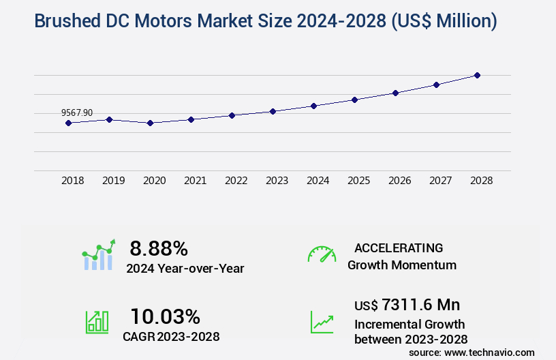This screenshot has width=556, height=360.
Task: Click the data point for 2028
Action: [477, 75]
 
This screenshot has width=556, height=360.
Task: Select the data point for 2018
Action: [68, 123]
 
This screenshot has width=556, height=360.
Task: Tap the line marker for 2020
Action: [150, 123]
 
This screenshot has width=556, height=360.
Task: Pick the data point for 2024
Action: [313, 106]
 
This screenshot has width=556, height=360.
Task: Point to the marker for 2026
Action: [395, 93]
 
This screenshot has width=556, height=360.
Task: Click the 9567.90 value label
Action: [77, 112]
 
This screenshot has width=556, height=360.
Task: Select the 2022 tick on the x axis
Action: [236, 181]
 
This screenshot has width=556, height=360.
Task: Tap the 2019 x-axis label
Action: [113, 181]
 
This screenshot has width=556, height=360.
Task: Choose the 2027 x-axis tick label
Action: [440, 181]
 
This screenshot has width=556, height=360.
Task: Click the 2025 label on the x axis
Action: [358, 181]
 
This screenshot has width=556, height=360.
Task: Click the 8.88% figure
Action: [159, 247]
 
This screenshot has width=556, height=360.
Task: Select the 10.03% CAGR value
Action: [165, 316]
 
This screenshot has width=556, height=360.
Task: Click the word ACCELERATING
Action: [399, 247]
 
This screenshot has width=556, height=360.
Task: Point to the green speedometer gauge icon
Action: [322, 254]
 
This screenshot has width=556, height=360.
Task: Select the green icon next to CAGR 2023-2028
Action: [96, 322]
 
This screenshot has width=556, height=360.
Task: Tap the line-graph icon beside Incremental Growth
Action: [322, 322]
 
